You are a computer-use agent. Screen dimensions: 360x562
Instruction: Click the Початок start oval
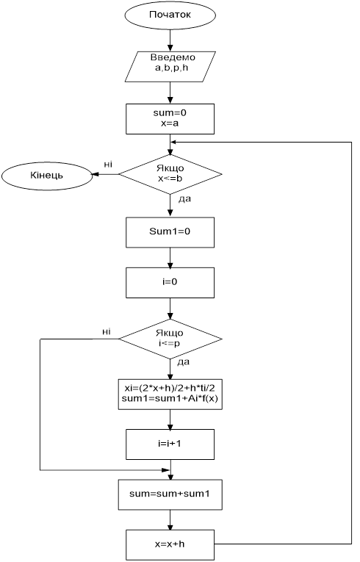(170, 15)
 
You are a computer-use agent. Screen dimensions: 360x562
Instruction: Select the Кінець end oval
(46, 176)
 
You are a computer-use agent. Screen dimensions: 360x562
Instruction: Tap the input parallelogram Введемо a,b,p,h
(170, 67)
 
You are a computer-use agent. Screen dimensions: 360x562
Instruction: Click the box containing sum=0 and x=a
(170, 118)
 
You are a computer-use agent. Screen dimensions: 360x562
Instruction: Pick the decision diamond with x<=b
(170, 175)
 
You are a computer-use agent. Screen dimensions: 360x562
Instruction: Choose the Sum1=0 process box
(170, 232)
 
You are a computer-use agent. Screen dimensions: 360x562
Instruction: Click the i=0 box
(170, 282)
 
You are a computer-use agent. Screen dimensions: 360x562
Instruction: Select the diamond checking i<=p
(170, 339)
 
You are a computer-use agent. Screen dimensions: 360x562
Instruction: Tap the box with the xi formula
(170, 394)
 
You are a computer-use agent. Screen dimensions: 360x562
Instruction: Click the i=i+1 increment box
(170, 444)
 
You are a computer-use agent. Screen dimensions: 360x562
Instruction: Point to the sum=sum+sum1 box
(170, 494)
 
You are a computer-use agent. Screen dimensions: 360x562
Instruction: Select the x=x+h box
(170, 545)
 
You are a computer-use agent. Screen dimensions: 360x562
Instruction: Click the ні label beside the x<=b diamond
(108, 165)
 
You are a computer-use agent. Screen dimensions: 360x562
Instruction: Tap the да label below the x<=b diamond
(184, 199)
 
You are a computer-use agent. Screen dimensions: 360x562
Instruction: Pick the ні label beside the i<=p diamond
(106, 331)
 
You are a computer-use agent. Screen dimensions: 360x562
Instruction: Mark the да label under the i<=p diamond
(183, 362)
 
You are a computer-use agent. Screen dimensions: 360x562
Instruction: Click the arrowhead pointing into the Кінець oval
(96, 175)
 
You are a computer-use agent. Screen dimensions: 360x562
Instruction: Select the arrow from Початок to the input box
(170, 40)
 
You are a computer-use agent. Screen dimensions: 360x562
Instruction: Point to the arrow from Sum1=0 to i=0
(170, 257)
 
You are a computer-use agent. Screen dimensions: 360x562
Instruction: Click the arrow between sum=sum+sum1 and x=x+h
(170, 520)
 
